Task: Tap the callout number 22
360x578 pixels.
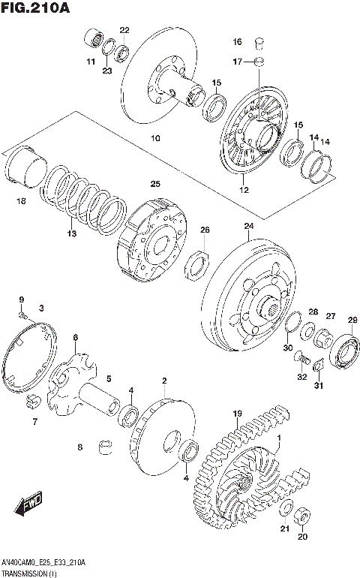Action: (x=124, y=30)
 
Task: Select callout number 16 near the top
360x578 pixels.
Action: (x=237, y=41)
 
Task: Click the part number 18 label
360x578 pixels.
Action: (x=20, y=200)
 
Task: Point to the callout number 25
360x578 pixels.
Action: (x=155, y=184)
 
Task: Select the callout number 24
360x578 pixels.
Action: (x=248, y=225)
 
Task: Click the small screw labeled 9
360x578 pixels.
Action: (x=22, y=315)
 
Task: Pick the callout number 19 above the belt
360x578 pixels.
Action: (x=237, y=414)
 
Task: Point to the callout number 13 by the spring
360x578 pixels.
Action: (x=72, y=233)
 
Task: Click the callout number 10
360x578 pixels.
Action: (x=155, y=138)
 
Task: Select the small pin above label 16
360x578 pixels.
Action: (x=259, y=41)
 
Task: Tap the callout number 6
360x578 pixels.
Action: (x=76, y=338)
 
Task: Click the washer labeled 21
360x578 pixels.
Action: (x=286, y=510)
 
